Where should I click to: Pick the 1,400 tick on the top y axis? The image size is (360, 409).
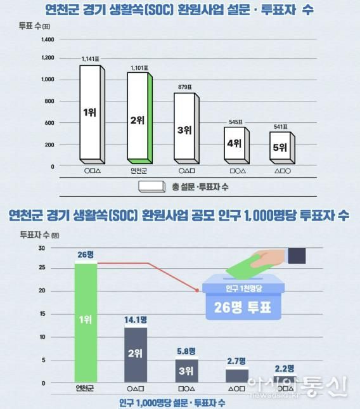pyautogui.click(x=48, y=39)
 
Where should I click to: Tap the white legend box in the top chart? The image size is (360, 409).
pyautogui.click(x=151, y=186)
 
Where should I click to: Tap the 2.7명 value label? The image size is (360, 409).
pyautogui.click(x=236, y=361)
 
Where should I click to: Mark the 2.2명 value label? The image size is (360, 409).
pyautogui.click(x=285, y=368)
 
